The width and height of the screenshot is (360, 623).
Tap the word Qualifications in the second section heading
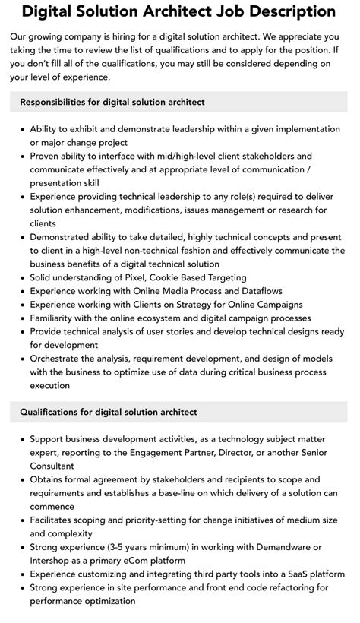point(52,412)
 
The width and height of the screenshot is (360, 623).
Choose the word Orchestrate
point(60,359)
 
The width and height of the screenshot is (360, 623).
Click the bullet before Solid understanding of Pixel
point(21,278)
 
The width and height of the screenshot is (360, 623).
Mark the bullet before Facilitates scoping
point(21,520)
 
